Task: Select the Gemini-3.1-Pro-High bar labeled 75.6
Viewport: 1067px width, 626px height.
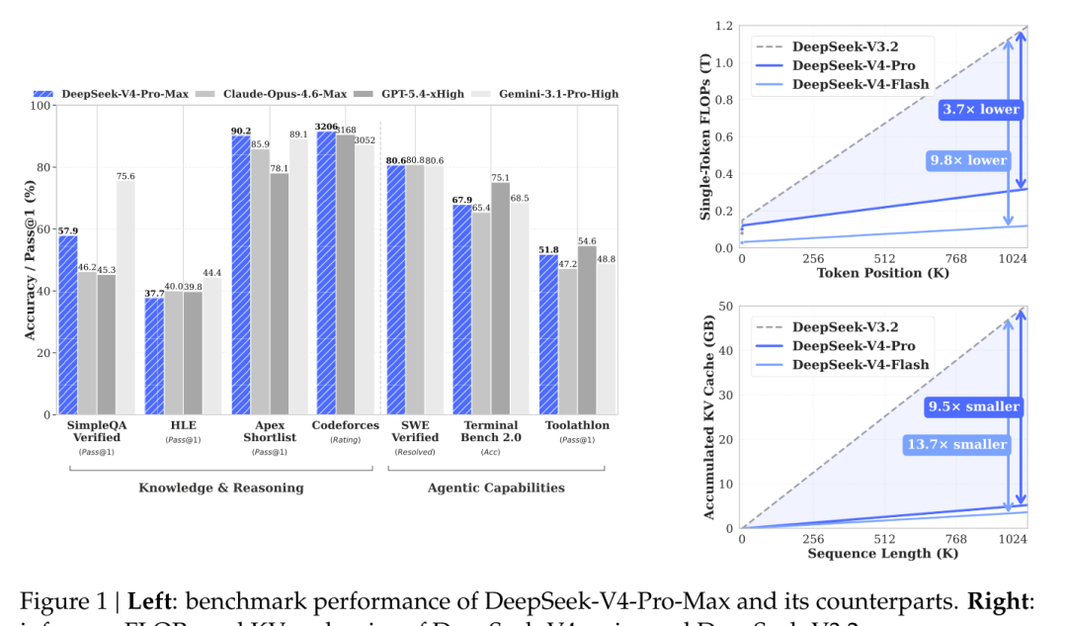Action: click(x=125, y=297)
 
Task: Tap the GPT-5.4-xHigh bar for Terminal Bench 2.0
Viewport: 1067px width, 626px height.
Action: click(x=501, y=298)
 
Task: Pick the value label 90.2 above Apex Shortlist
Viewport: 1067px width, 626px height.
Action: click(x=240, y=130)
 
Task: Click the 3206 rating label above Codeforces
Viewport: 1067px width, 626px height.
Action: click(x=326, y=127)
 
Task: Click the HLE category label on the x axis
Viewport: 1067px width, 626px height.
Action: click(x=154, y=425)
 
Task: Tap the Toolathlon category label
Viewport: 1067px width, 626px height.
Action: click(x=578, y=425)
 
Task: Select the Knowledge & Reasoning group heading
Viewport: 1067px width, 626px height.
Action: click(x=220, y=488)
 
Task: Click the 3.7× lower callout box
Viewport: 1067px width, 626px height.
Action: click(x=978, y=110)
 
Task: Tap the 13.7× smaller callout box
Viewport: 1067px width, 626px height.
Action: click(x=957, y=445)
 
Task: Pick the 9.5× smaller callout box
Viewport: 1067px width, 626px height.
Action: click(x=973, y=406)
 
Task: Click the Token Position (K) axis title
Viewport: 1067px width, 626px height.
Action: click(x=882, y=273)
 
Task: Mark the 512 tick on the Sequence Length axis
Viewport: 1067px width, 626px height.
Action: click(x=883, y=539)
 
